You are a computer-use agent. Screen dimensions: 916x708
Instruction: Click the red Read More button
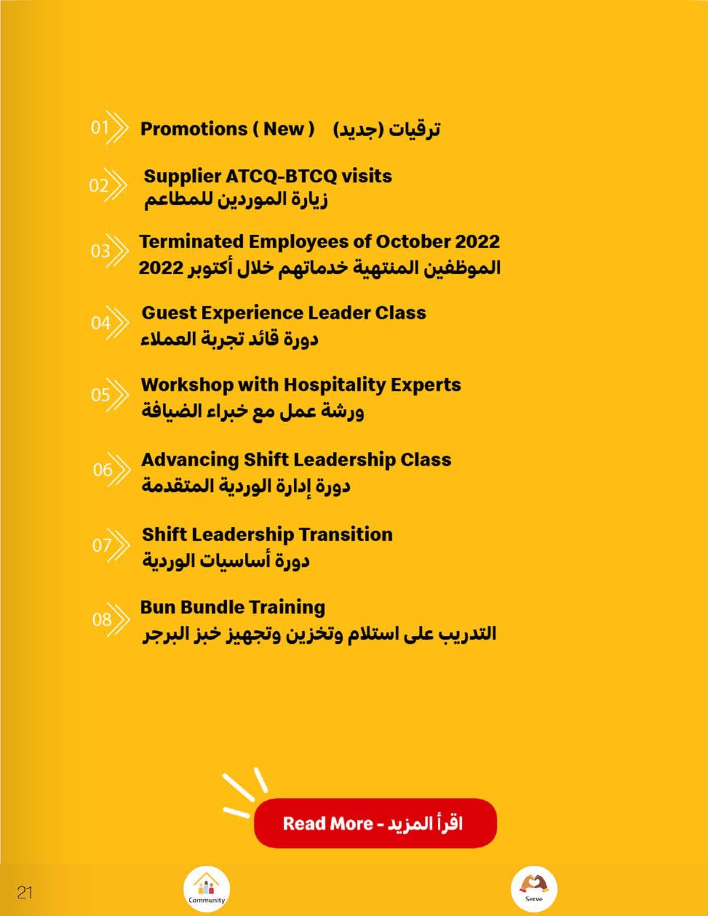[375, 823]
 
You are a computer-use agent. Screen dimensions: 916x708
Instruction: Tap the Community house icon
[206, 888]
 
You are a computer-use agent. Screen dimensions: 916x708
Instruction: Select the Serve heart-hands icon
[533, 888]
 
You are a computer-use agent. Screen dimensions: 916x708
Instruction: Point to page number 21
[25, 892]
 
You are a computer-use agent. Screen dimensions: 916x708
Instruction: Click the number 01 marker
[100, 127]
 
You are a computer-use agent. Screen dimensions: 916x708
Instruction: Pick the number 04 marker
[101, 323]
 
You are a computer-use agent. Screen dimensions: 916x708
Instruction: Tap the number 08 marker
[102, 619]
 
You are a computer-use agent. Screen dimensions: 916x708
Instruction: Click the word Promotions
[194, 129]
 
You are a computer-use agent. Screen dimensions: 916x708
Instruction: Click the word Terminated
[191, 241]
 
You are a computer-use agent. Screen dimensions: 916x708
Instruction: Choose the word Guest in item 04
[170, 313]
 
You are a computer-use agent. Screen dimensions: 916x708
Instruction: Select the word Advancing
[189, 459]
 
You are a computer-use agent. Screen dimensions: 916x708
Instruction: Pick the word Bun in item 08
[157, 607]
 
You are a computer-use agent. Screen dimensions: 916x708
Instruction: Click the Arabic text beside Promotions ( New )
[386, 129]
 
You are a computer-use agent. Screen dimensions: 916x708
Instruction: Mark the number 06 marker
[103, 470]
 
